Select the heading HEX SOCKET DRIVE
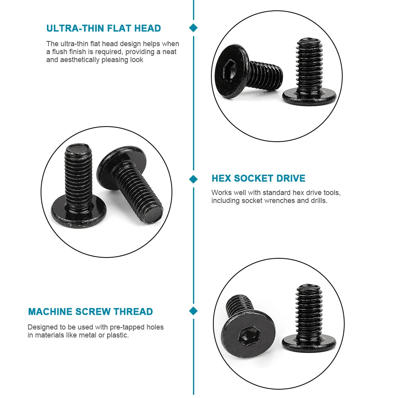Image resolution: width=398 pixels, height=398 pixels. click(258, 178)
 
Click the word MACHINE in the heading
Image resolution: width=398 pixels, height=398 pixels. click(50, 312)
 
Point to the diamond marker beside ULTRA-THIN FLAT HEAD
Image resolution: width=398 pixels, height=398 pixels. click(193, 28)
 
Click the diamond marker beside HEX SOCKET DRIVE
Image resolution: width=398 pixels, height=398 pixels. click(193, 179)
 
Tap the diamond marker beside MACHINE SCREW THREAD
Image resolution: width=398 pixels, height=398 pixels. click(193, 311)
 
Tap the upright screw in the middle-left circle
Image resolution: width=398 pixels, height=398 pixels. click(79, 183)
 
